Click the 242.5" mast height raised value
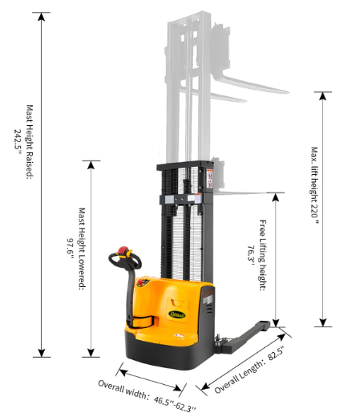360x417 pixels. point(18,142)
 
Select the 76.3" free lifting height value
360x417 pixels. point(251,256)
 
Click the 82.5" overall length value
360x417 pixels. point(276,354)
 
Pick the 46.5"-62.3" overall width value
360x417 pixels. point(175,403)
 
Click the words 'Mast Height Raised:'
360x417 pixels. point(30,142)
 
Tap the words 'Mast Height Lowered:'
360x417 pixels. point(82,249)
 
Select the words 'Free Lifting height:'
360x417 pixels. point(263,255)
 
